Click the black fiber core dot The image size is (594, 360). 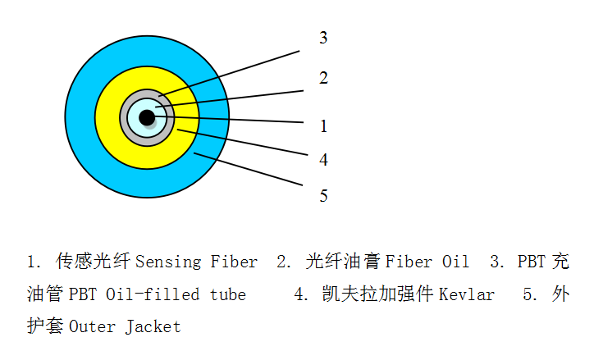point(147,117)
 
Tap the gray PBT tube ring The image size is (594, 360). point(123,118)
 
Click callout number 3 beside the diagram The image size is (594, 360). point(323,38)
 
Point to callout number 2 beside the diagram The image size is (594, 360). point(323,78)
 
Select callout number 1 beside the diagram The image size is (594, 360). point(323,126)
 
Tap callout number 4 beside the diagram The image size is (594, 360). point(323,159)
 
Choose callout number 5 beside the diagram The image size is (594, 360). point(323,196)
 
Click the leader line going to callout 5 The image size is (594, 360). point(248,169)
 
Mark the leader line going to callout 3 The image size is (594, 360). point(229,74)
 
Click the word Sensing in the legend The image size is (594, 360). point(168,262)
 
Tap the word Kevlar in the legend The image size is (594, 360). point(467,294)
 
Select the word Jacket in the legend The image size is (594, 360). point(153,327)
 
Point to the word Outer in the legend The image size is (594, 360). point(92,327)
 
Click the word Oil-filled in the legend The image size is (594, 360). point(153,294)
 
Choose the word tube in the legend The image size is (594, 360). point(228,294)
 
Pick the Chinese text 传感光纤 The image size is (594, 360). point(94,262)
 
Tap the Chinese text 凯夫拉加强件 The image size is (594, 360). point(377,294)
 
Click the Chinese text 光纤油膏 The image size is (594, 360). point(343,262)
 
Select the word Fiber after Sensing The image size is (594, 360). point(234,262)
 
